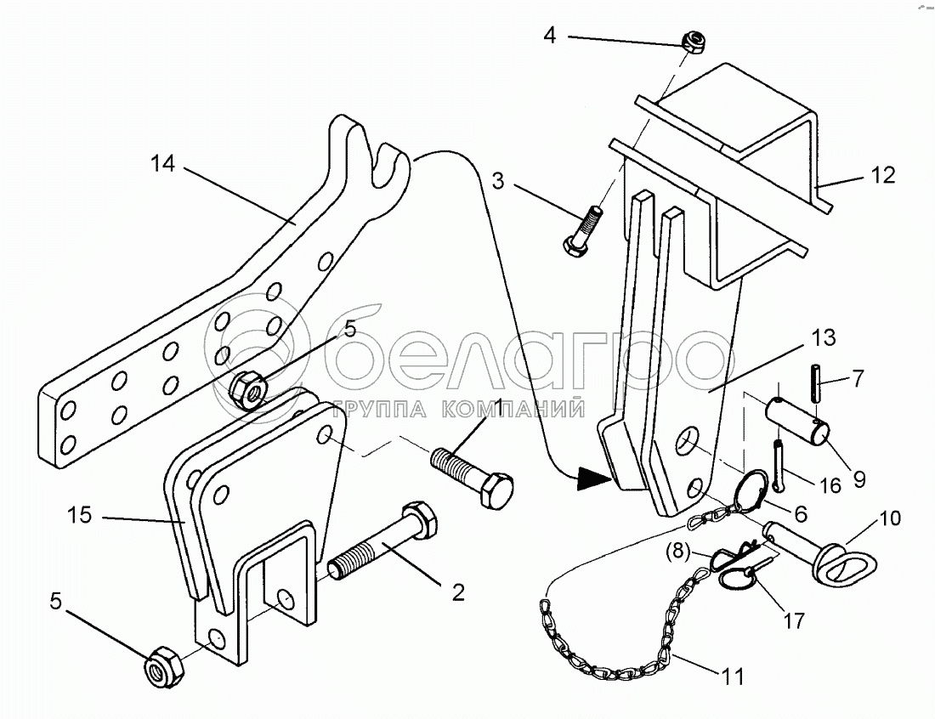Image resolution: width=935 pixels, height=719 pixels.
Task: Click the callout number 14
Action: coord(163,163)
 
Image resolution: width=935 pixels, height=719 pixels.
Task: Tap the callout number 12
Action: coord(882,175)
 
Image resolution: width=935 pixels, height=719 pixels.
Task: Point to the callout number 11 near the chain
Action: coord(732,677)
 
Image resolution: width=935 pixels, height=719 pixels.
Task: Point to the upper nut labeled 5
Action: coord(247,390)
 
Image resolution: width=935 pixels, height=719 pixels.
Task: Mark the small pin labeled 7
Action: coord(815,384)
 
